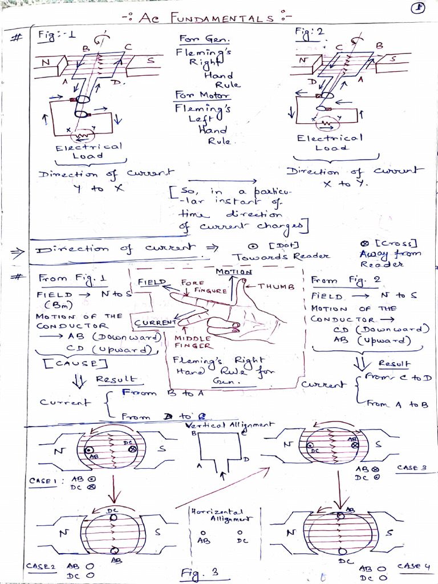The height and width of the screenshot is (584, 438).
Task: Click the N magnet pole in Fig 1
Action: tap(46, 60)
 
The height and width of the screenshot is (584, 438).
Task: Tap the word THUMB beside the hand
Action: tap(275, 287)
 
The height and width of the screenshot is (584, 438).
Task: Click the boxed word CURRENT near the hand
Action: tap(155, 323)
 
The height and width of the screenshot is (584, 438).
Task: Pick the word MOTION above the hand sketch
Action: tap(234, 272)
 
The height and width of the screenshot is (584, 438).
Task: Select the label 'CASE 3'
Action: tap(412, 468)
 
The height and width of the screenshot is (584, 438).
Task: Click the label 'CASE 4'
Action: tap(412, 566)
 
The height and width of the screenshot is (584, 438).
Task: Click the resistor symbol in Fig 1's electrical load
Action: tap(86, 136)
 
